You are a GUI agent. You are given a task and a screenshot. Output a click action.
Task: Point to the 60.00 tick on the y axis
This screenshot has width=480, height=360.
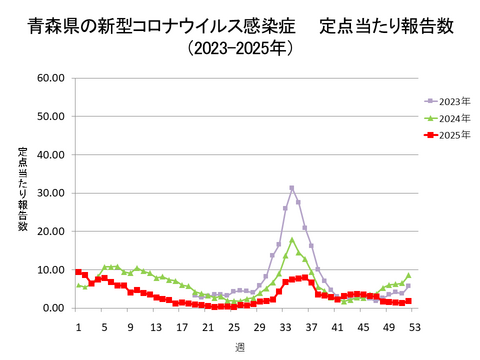coord(50,77)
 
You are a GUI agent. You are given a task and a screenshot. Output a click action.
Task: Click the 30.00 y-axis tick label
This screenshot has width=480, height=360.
coord(50,193)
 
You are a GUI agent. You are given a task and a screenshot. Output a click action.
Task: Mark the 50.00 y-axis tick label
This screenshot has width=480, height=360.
coord(50,116)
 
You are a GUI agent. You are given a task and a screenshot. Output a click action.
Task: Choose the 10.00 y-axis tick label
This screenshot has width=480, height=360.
coord(50,270)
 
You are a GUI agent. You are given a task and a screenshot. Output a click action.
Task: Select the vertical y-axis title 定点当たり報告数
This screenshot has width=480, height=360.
coord(22,190)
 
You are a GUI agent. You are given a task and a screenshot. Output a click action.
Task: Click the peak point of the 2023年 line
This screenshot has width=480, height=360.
coord(292,188)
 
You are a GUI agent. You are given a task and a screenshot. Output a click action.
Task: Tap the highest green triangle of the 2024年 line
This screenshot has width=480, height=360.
coord(292,240)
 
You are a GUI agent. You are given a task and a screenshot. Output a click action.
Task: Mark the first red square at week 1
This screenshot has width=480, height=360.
coord(78,272)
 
